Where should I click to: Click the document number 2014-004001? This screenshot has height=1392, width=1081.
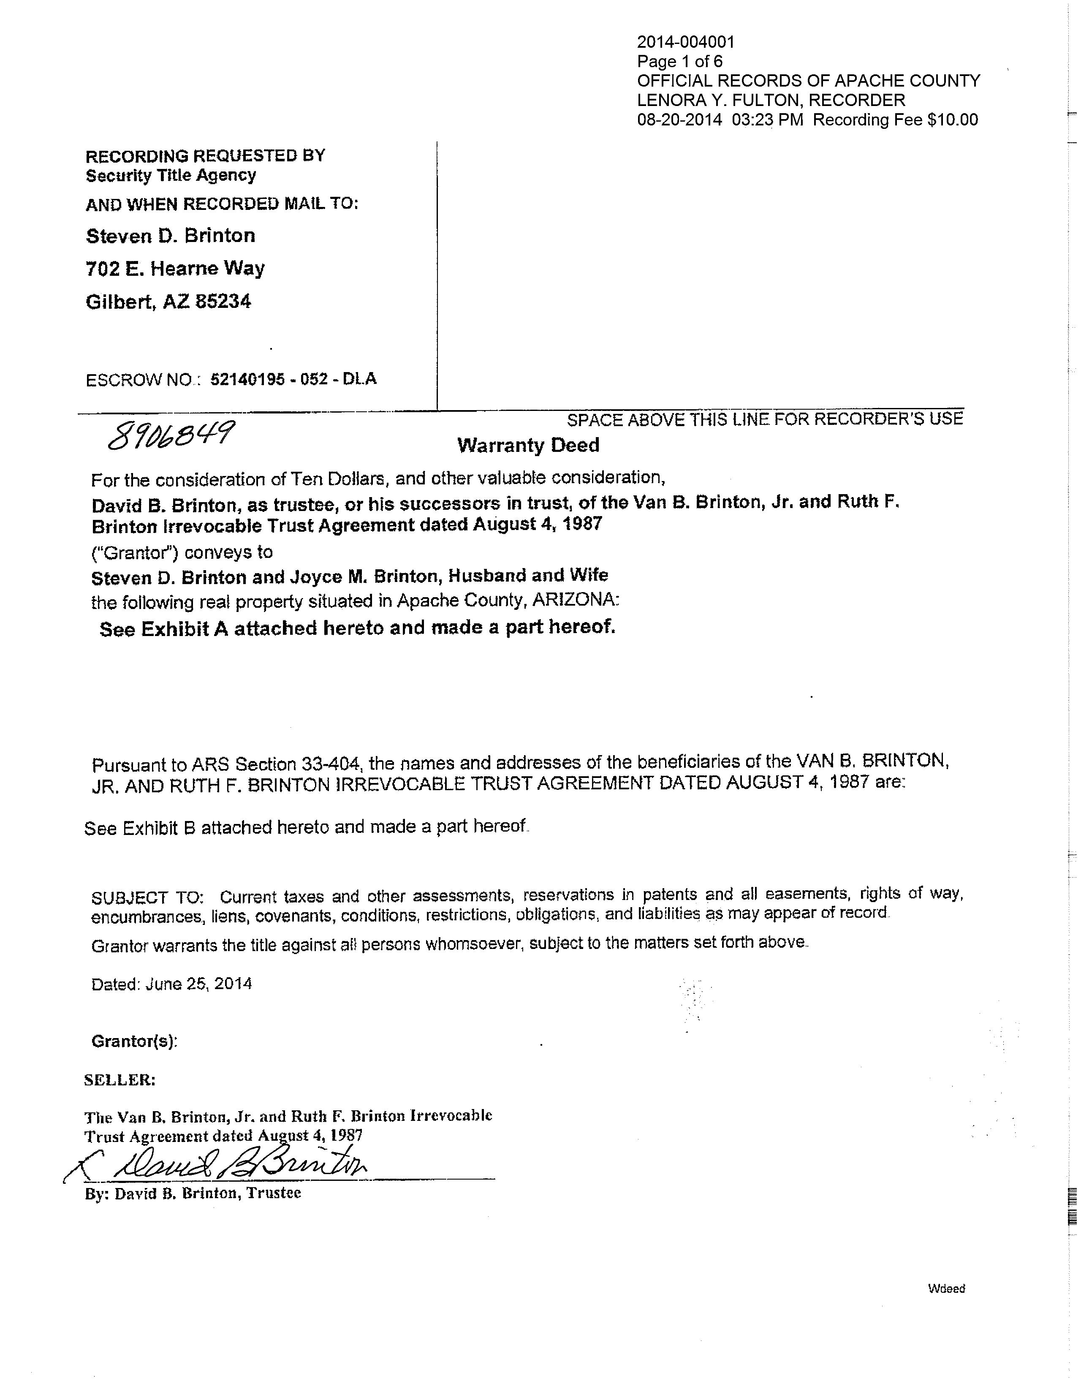click(x=686, y=43)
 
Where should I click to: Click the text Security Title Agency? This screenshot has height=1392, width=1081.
click(x=171, y=175)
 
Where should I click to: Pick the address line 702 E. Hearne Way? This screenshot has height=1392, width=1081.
click(x=175, y=268)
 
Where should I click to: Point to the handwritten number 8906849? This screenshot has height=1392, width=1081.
click(x=171, y=435)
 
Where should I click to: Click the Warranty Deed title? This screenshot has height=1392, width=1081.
click(x=528, y=445)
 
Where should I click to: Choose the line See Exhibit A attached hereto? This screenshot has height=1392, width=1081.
click(x=357, y=628)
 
